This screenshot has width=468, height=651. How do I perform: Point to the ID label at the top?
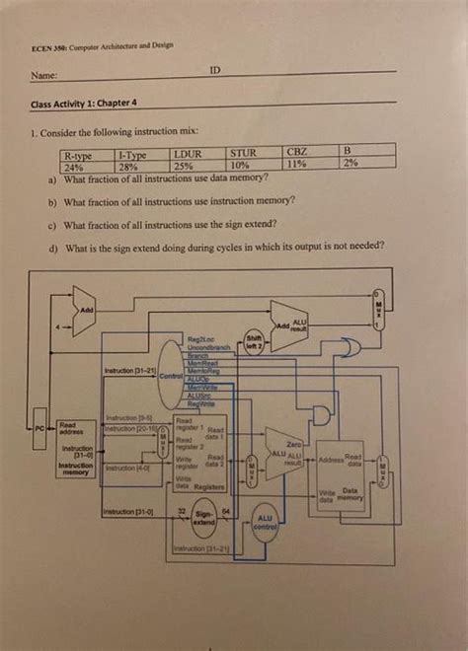(215, 71)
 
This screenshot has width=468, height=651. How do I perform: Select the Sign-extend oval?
(203, 519)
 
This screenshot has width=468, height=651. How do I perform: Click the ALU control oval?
(264, 524)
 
